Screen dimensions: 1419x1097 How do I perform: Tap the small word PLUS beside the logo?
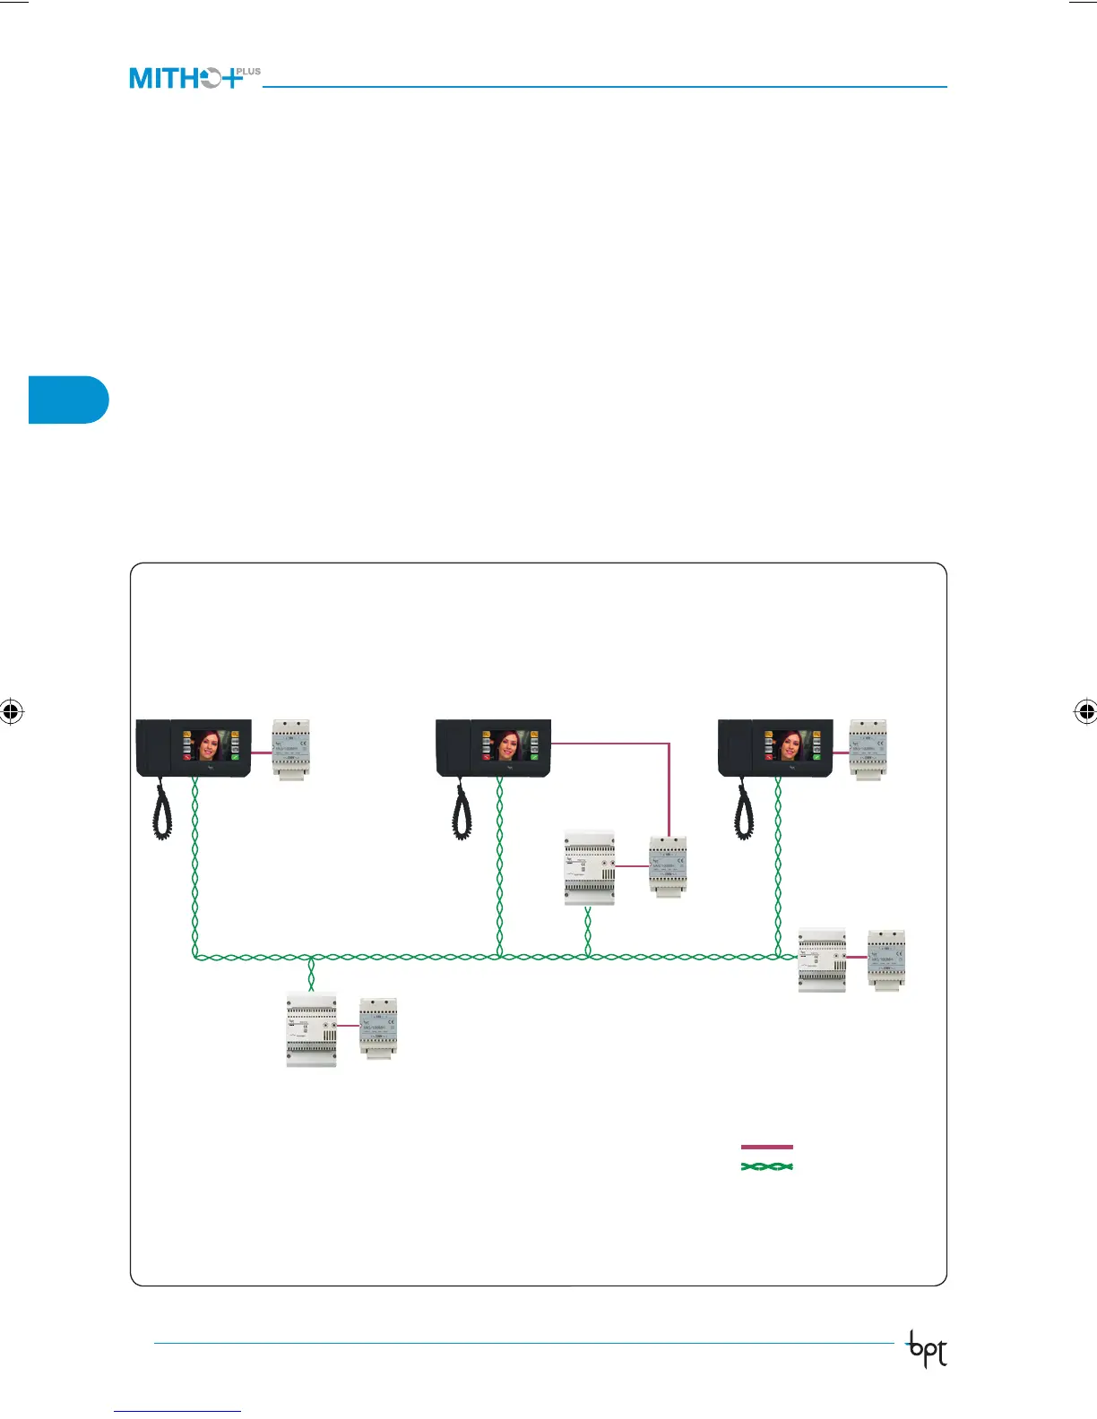coord(248,72)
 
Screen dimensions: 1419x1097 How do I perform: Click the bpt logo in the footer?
coord(927,1350)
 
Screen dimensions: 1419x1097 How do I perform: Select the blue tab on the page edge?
coord(68,400)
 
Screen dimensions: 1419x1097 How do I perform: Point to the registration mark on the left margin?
coord(11,712)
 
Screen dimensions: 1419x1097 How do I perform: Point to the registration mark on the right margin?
coord(1085,712)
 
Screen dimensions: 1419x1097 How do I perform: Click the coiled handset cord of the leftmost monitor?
coord(162,811)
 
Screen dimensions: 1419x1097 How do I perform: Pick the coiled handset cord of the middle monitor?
coord(462,811)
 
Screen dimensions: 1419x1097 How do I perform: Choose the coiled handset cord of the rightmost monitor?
coord(744,811)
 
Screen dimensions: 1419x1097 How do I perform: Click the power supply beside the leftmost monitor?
coord(291,750)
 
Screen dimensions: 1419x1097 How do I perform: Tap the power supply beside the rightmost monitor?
coord(868,750)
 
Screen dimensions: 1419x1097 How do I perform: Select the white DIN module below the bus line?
coord(311,1030)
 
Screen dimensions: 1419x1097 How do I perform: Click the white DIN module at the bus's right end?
coord(822,959)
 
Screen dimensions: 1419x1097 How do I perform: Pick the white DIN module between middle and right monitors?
coord(590,868)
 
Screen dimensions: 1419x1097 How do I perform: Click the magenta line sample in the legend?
coord(766,1147)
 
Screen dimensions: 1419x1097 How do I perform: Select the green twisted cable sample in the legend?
coord(766,1167)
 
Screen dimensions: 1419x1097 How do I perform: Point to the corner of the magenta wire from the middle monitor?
coord(669,744)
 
